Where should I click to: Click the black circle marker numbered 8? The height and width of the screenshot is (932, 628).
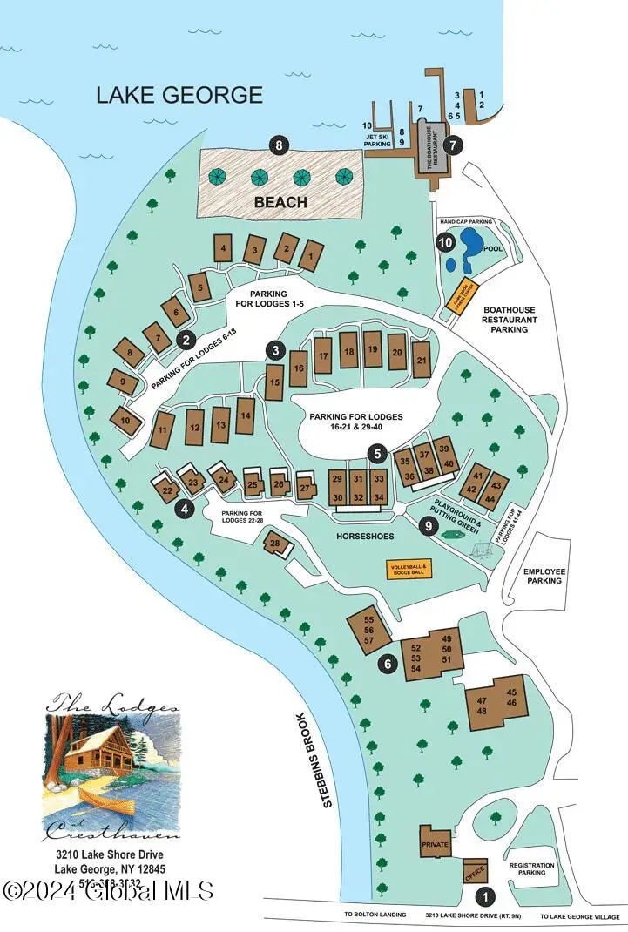point(279,146)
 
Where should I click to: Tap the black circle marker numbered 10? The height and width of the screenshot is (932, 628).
point(445,243)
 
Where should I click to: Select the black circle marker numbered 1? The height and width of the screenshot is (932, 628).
point(487,894)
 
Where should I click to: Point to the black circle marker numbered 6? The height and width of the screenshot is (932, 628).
point(389,664)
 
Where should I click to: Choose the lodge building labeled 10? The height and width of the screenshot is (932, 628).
point(125,421)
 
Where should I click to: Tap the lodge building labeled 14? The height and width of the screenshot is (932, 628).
point(246,415)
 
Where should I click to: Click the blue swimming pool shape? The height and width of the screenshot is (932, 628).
point(470,246)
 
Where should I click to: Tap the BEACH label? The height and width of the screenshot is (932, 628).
point(280,202)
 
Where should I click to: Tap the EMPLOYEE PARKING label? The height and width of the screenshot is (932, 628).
point(544,577)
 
